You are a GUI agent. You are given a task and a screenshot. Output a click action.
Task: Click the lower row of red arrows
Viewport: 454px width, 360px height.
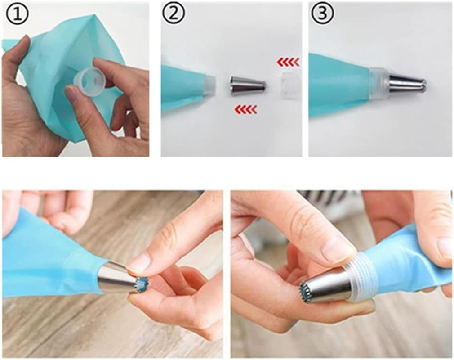(x=245, y=109)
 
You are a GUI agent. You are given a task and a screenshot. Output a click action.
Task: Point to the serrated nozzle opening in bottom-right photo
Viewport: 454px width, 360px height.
(x=307, y=292)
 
